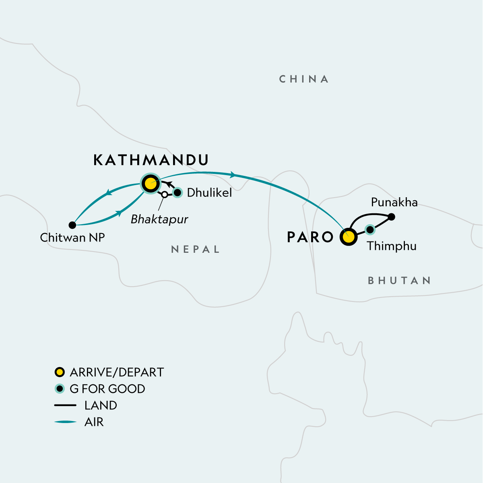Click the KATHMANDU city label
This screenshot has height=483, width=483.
click(151, 160)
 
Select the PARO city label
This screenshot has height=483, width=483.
click(310, 237)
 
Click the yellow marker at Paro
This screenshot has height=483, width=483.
click(349, 237)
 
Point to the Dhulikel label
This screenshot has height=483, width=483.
click(209, 193)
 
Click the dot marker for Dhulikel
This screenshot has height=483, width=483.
click(178, 193)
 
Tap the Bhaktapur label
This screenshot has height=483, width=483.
click(159, 220)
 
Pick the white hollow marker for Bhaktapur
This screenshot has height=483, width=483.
click(164, 195)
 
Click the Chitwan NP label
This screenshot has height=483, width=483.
click(72, 237)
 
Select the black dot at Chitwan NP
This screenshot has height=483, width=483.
click(72, 225)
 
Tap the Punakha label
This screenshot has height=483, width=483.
click(394, 202)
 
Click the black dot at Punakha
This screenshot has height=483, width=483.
click(392, 217)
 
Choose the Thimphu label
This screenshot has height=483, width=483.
click(391, 246)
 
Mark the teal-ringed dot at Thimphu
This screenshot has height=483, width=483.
click(369, 229)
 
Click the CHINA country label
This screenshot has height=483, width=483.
click(304, 79)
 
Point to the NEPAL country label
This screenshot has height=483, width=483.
click(195, 250)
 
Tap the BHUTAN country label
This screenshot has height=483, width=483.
click(399, 281)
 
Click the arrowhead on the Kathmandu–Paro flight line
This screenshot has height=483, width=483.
click(233, 175)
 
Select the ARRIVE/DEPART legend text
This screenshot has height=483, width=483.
click(117, 372)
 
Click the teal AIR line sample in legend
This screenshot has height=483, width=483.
click(65, 422)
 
